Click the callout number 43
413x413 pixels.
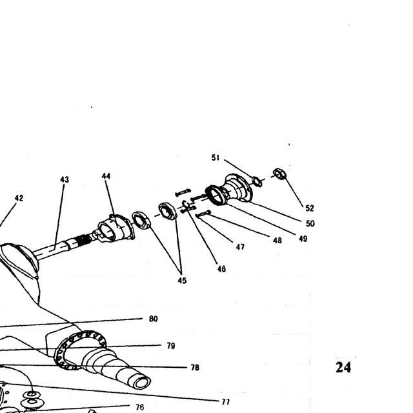point(65,179)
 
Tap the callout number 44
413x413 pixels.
point(106,176)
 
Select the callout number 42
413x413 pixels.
point(19,198)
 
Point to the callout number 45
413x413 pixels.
point(182,281)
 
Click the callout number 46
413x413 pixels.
point(221,268)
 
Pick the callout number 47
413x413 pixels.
point(240,247)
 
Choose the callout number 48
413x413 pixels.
point(277,240)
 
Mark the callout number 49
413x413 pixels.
point(303,239)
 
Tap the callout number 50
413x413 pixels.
point(310,224)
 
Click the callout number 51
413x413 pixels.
point(216,157)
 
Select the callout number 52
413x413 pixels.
point(310,208)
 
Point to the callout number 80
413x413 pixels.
point(154,319)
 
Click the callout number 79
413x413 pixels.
point(171,346)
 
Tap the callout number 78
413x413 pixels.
point(195,367)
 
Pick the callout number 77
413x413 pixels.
point(225,401)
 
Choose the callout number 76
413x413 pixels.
point(140,407)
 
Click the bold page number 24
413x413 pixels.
point(343,367)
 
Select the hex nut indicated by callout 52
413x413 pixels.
point(279,174)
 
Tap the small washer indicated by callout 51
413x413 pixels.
point(257,181)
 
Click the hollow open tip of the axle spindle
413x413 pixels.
point(142,383)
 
